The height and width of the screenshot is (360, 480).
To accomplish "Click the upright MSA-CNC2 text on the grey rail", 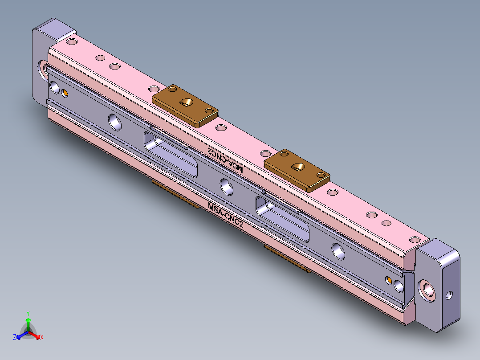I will click(x=225, y=214).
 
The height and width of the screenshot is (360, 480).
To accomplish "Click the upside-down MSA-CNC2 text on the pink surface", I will click(x=225, y=160).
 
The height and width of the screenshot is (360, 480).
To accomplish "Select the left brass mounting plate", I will click(x=185, y=106).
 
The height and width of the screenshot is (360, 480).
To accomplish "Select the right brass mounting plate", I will click(x=297, y=170).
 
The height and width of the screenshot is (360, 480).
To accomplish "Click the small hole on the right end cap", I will click(x=449, y=295).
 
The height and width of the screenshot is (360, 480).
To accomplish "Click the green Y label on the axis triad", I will click(x=28, y=313).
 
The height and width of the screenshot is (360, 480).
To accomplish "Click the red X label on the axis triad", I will click(x=42, y=338).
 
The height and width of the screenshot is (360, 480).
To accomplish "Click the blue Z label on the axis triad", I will click(x=15, y=338).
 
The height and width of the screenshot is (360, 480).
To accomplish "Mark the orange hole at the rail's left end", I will click(x=65, y=93).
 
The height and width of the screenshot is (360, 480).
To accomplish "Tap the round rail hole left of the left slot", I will click(x=115, y=121).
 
